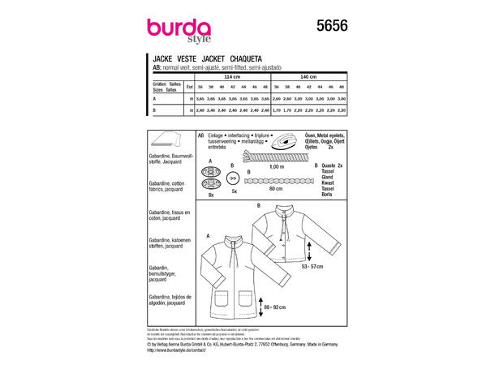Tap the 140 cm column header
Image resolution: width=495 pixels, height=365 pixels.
point(311,76)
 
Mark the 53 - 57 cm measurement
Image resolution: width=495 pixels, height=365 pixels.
point(312,266)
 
